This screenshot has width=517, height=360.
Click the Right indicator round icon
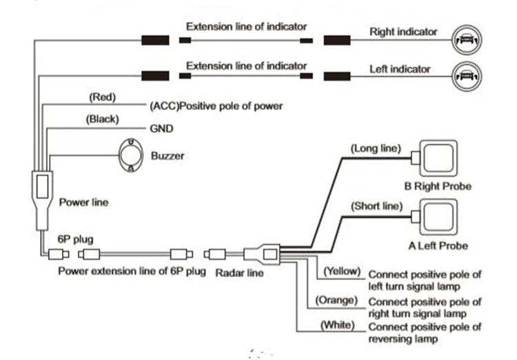coord(465,40)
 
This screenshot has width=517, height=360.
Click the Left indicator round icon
coord(465,76)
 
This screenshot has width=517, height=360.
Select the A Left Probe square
coord(436,218)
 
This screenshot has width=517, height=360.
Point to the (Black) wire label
coord(102,119)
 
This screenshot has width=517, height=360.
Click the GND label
coord(161,129)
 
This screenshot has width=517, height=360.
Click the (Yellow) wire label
coord(343,271)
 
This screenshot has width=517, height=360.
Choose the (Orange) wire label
coord(337,300)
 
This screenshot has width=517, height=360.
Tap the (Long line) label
coord(375,148)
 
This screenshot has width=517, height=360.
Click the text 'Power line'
coord(83,203)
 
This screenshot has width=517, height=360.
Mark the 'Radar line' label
coord(239,272)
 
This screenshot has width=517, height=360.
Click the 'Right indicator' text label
coord(403,32)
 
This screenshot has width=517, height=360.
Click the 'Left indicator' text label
coord(400,69)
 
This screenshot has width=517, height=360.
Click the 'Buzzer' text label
coord(168,156)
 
